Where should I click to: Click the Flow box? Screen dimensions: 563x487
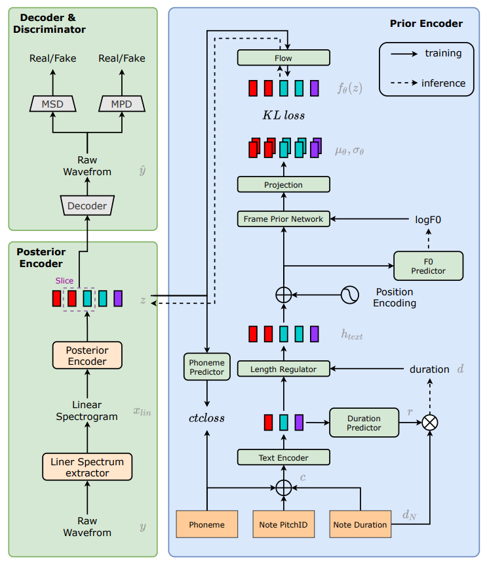tap(283, 58)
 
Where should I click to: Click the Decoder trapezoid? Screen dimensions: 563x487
tap(87, 205)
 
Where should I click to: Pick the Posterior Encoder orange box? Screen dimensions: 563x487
tap(87, 355)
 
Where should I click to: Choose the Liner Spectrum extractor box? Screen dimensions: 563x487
tap(87, 467)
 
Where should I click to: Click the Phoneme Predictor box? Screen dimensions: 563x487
tap(206, 367)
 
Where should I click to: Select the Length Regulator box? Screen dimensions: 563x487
tap(283, 369)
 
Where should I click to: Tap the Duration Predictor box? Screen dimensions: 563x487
tap(364, 423)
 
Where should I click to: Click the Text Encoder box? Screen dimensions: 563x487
tap(283, 457)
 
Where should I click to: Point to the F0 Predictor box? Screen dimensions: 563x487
tap(428, 266)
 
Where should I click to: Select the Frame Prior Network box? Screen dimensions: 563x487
tap(283, 219)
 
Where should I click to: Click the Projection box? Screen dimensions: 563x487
tap(283, 185)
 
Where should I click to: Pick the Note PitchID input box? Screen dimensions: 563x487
tap(283, 524)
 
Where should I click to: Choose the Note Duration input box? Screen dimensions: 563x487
tap(360, 524)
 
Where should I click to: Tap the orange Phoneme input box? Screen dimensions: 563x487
tap(206, 524)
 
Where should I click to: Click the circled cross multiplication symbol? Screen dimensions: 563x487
tap(430, 423)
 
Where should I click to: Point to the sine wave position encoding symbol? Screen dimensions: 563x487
tap(350, 295)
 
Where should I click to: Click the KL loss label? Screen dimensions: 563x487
tap(283, 115)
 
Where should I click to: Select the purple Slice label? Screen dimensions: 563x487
tap(64, 281)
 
